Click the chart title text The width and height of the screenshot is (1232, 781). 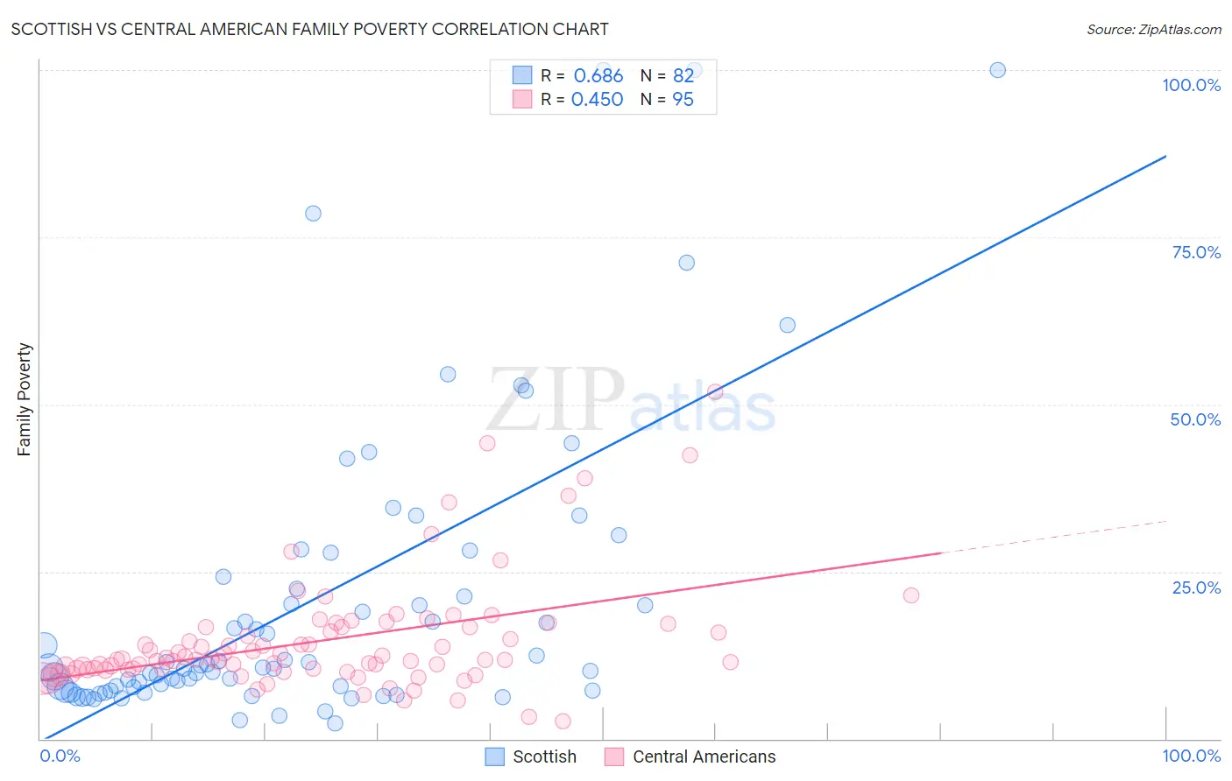click(x=309, y=29)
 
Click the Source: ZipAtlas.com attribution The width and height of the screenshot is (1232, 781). click(x=1153, y=29)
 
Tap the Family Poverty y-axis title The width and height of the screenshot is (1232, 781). click(x=25, y=399)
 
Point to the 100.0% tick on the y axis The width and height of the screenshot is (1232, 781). click(x=1191, y=85)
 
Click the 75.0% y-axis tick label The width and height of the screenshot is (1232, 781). click(x=1196, y=252)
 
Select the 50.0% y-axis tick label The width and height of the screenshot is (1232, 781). click(x=1195, y=419)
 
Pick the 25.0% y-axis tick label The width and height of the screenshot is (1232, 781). click(x=1196, y=587)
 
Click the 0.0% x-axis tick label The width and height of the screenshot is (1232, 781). click(x=60, y=756)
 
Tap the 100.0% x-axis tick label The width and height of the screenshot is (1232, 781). click(x=1191, y=756)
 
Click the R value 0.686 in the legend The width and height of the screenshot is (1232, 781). click(x=598, y=76)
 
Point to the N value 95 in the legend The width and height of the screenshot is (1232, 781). click(x=683, y=100)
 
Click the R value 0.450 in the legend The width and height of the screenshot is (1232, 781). click(x=597, y=100)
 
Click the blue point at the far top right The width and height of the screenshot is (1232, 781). click(x=997, y=70)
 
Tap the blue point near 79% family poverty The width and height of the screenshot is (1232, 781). click(x=313, y=214)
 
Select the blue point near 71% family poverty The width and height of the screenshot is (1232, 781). click(x=687, y=263)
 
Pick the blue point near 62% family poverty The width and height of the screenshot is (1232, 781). click(x=788, y=325)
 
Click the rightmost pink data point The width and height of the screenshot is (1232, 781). click(x=911, y=595)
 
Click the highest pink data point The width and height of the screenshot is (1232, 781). click(x=715, y=391)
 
